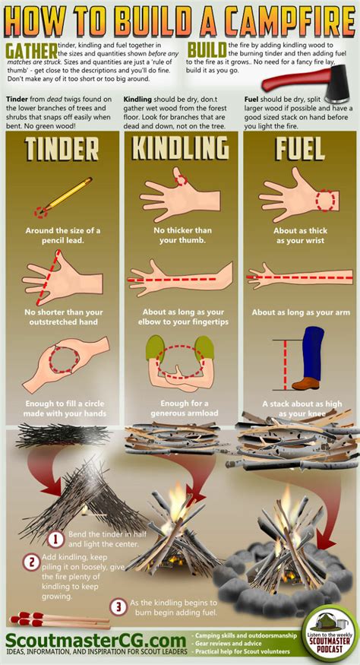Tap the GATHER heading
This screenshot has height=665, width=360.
(x=29, y=50)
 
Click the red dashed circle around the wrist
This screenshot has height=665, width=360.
(x=327, y=200)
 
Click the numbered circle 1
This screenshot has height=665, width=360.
(x=55, y=540)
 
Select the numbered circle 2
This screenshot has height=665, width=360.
(x=30, y=563)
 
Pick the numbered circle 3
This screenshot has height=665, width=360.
(x=118, y=606)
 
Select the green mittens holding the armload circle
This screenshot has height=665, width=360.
(x=179, y=350)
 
